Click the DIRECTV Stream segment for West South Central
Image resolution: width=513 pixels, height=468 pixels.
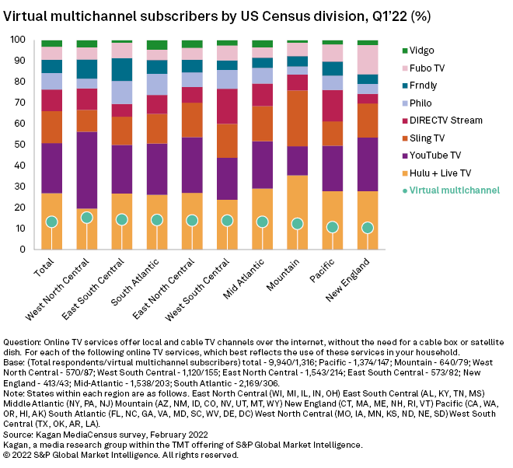coord(227,106)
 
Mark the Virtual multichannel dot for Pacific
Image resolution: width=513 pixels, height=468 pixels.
coord(333,227)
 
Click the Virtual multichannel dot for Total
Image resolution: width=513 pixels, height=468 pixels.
coord(52,222)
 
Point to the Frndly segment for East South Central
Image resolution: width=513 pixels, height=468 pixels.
coord(122,69)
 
